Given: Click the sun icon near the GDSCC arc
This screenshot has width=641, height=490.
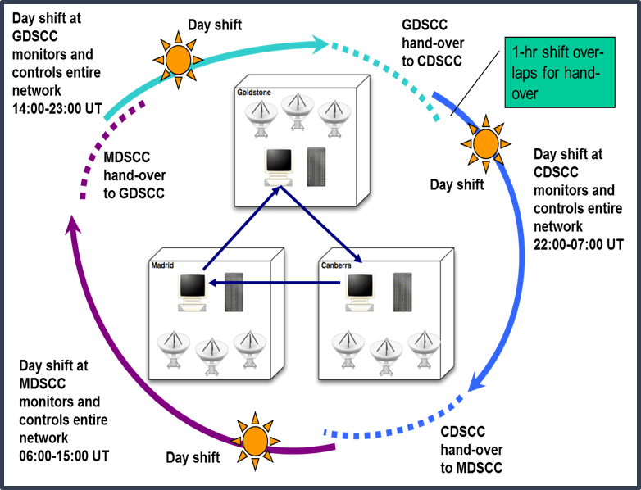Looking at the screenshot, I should (176, 58).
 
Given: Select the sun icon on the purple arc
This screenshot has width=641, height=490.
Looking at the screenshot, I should (255, 442).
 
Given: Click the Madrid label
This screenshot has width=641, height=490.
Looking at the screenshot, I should (163, 265).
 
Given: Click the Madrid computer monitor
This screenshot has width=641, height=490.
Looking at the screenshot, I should (193, 289).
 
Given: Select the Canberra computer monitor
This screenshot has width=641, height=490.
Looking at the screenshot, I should (360, 289).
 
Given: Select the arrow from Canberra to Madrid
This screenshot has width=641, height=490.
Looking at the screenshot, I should (275, 283).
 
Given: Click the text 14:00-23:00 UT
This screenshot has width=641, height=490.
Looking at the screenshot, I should (56, 110).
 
